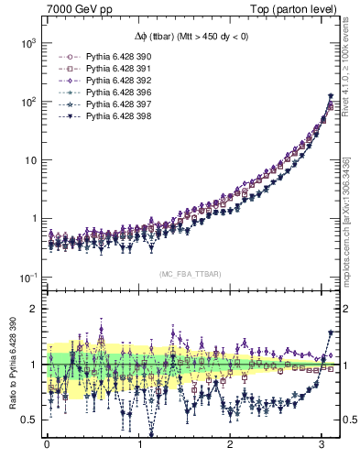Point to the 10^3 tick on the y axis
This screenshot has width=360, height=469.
(27, 43)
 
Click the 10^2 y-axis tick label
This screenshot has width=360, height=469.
(27, 102)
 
